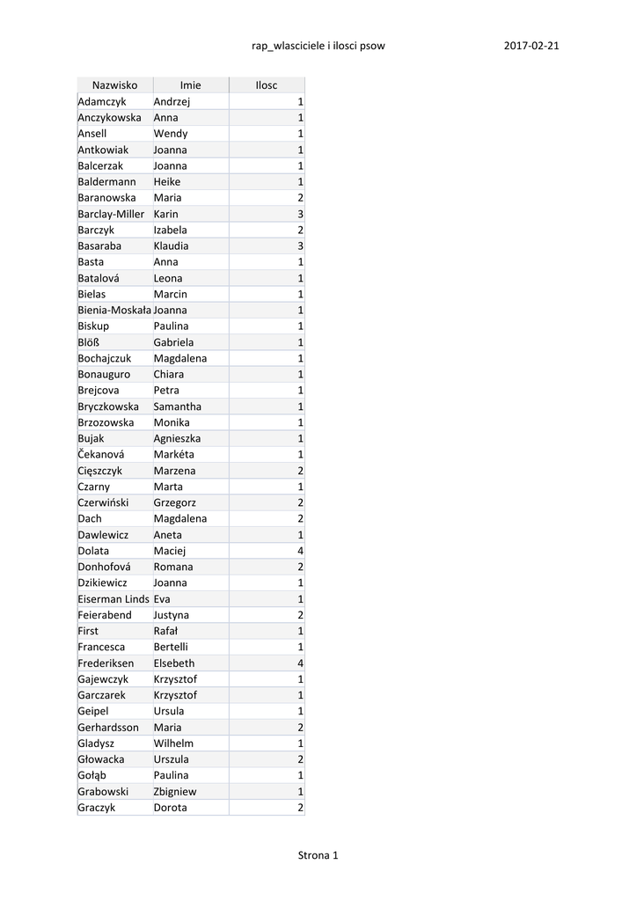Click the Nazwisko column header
[x=114, y=85]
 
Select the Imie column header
[x=190, y=85]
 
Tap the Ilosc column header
[x=266, y=85]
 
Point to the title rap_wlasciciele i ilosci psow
[x=318, y=46]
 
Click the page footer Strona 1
[x=318, y=854]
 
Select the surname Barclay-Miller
[x=111, y=214]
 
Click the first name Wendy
[x=171, y=134]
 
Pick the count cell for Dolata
[x=300, y=551]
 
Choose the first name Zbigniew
[x=175, y=791]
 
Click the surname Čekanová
[x=101, y=454]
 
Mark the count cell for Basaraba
[x=300, y=245]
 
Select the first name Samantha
[x=178, y=407]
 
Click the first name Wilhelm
[x=173, y=743]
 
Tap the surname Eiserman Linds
[x=113, y=599]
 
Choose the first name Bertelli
[x=171, y=647]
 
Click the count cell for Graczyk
[x=300, y=807]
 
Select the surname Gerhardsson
[x=108, y=727]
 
